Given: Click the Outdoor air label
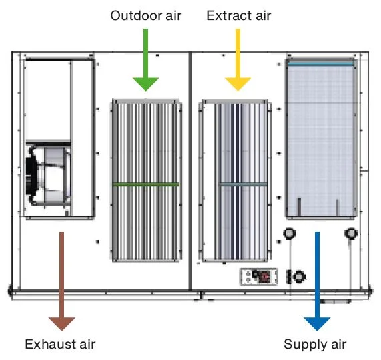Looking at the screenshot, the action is (145, 15).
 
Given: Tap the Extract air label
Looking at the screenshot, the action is (239, 15).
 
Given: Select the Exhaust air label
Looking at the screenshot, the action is (60, 344).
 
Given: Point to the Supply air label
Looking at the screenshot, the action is (315, 345).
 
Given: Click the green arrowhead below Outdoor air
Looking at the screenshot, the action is (145, 83).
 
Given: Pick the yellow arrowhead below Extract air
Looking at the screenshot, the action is (238, 83).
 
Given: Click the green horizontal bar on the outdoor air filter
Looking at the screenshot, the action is (145, 184).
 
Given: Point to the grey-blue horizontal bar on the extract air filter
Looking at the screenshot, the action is (243, 184).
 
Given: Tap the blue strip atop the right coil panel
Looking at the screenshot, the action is (320, 64).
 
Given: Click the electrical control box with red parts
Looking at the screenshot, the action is (259, 277).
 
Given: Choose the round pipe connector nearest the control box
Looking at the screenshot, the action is (299, 277).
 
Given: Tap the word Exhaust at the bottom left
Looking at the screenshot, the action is (50, 344).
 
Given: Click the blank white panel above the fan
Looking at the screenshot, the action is (48, 100).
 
